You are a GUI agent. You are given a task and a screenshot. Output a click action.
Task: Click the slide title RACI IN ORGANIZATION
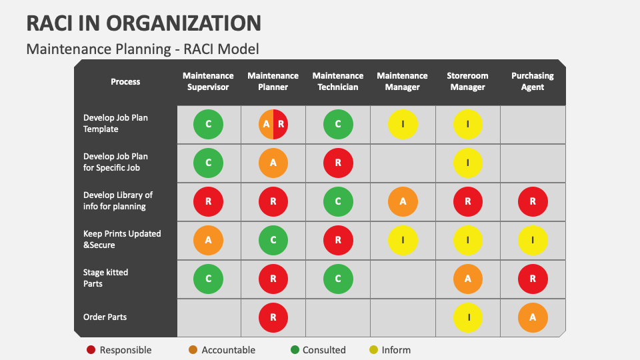point(143,23)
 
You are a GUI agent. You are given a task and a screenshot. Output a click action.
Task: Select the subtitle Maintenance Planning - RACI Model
point(142,49)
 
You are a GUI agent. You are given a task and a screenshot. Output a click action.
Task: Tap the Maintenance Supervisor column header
point(208,81)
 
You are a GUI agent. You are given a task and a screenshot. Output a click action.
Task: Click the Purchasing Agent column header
point(532,81)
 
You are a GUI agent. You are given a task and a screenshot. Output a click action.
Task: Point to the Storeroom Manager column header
point(467,81)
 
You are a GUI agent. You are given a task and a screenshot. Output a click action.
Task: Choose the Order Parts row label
point(105,317)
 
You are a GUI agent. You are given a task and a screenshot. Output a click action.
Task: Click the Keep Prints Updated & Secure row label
point(121,239)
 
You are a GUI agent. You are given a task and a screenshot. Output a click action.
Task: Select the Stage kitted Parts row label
point(105,278)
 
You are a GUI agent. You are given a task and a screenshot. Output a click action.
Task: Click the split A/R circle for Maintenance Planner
point(273,124)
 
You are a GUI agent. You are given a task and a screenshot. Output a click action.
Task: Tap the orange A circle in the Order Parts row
point(533,318)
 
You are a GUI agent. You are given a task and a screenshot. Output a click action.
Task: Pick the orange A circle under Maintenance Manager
point(403,201)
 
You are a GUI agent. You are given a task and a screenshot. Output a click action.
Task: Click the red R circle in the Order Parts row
point(273,318)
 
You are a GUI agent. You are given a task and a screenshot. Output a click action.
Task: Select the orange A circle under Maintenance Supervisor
point(209,240)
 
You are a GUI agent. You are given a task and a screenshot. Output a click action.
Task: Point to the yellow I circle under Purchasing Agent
point(533,240)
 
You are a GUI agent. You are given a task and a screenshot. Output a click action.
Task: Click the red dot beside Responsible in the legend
point(91,350)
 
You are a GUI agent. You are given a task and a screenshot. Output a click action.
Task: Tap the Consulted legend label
point(323,350)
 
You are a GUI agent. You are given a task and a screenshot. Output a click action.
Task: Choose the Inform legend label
point(396,350)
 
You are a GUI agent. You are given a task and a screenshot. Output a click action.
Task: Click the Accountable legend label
point(228,350)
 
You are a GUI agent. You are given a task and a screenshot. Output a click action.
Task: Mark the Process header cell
point(125,82)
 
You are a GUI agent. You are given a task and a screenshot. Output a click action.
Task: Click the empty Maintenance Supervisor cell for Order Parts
point(209,318)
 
